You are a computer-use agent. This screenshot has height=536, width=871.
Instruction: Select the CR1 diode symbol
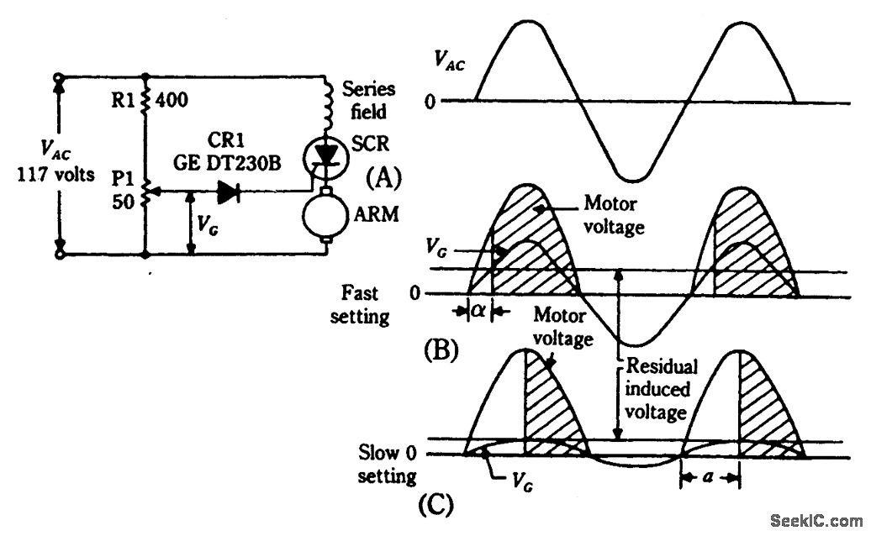coord(229,192)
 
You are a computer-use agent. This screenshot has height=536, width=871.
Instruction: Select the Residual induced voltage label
coord(656,390)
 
